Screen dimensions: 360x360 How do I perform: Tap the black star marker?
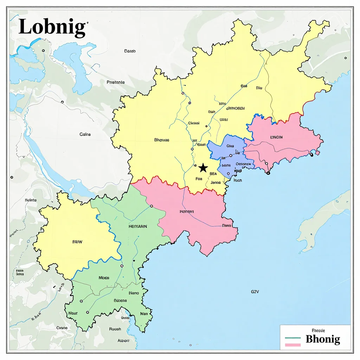(x=203, y=168)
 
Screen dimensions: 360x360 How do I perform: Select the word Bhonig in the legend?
(x=323, y=339)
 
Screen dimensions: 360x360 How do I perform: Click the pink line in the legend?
(x=292, y=345)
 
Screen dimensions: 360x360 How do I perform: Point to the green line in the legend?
(x=292, y=338)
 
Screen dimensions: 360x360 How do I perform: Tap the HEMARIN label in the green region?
(x=138, y=227)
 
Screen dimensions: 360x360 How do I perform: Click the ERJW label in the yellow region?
(x=77, y=242)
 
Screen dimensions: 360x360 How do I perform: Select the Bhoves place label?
(x=162, y=140)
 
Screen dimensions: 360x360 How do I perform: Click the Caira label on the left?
(x=85, y=134)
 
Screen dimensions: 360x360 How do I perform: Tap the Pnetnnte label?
(x=115, y=82)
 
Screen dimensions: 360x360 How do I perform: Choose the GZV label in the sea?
(x=255, y=291)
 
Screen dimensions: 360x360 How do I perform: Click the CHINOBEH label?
(x=235, y=109)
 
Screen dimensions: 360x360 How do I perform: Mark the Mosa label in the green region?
(x=104, y=278)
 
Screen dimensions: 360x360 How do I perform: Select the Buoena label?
(x=120, y=301)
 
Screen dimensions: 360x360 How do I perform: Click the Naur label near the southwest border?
(x=73, y=313)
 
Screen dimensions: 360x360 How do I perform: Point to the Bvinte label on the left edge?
(x=31, y=200)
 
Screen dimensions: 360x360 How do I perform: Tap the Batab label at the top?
(x=130, y=51)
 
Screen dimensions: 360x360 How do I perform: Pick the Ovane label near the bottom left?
(x=62, y=328)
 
